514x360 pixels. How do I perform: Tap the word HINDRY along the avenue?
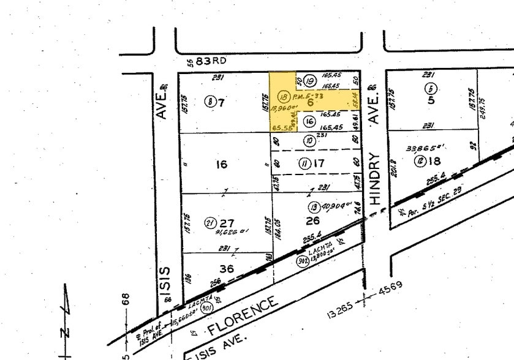click(x=376, y=178)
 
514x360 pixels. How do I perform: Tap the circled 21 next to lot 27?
click(x=210, y=223)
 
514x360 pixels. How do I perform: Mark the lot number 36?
click(x=226, y=269)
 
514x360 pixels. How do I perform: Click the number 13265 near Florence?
click(x=341, y=312)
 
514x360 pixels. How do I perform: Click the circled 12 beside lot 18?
click(x=420, y=161)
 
